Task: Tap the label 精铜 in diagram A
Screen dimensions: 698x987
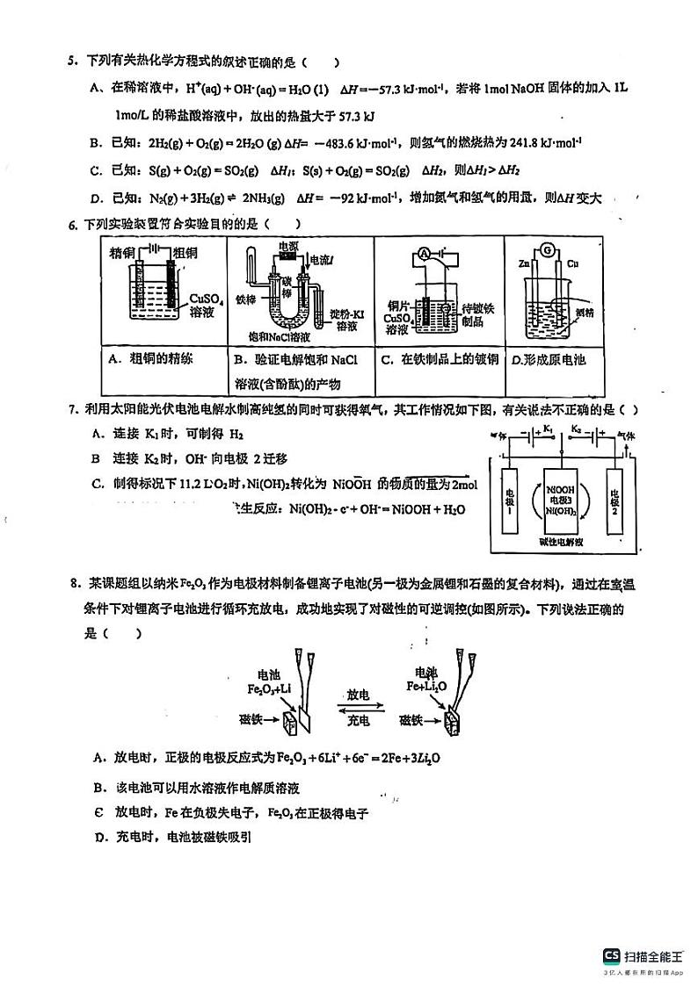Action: pos(125,253)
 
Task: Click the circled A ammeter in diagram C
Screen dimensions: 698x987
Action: pos(424,253)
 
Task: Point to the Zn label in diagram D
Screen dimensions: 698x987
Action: pos(526,263)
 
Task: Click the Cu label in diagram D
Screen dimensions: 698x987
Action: pos(572,263)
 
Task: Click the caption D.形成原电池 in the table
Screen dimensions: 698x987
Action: pos(549,359)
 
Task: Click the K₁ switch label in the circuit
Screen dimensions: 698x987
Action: pos(549,428)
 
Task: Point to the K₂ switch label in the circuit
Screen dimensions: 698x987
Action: pos(577,428)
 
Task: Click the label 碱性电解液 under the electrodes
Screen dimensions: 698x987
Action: pos(562,543)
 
